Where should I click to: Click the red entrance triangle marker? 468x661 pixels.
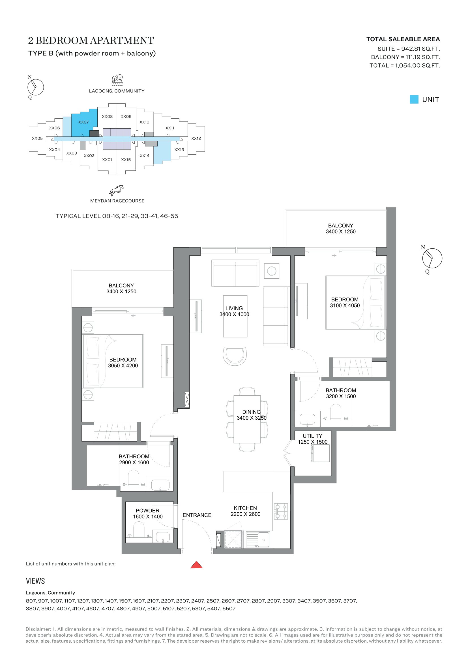click(197, 565)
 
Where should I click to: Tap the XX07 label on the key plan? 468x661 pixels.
click(83, 122)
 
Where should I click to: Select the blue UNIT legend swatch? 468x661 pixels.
click(414, 99)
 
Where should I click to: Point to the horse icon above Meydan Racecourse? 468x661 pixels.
click(116, 190)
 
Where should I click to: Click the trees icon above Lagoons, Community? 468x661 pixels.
click(117, 80)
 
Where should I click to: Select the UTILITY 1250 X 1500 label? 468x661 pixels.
click(313, 439)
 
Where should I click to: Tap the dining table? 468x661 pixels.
click(247, 419)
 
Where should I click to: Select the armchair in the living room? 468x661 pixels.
click(235, 356)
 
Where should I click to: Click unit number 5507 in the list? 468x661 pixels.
click(229, 609)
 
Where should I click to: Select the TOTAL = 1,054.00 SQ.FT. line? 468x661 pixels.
click(405, 66)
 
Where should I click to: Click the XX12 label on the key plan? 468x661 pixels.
click(196, 138)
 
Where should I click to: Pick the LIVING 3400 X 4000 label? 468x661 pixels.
click(234, 311)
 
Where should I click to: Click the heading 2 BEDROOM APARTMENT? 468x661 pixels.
click(91, 41)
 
